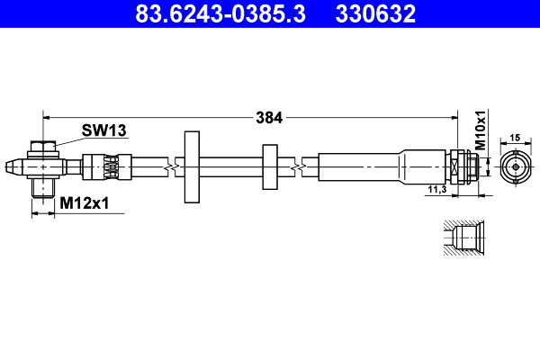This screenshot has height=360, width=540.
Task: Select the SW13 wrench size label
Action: [x=103, y=130]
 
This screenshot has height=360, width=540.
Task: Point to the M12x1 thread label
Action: [x=84, y=204]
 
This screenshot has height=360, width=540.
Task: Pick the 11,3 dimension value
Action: [x=436, y=189]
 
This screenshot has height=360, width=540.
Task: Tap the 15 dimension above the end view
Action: [x=515, y=138]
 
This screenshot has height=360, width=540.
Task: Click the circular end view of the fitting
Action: [x=515, y=166]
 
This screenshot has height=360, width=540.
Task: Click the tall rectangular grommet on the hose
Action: [x=191, y=166]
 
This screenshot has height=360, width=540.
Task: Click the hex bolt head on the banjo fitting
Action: [x=41, y=146]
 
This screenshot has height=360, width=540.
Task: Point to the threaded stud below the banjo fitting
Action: [x=41, y=188]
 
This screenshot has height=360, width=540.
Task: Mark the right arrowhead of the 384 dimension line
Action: [x=454, y=117]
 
